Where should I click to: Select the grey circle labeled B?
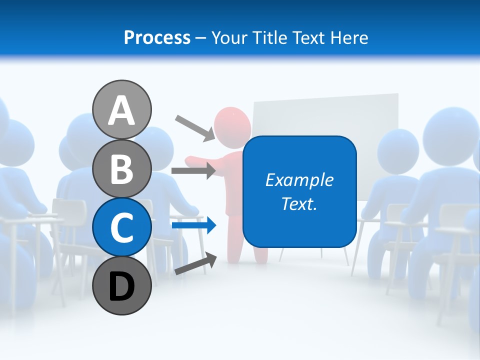coord(122,168)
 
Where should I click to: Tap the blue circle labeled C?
coord(122,227)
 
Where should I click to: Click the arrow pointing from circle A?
coord(195,128)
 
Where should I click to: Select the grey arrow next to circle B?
coord(193,171)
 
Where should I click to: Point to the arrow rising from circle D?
coord(195,264)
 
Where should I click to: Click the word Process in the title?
coord(157,37)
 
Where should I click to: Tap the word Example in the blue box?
coord(299,180)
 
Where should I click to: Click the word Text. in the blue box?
coord(299,204)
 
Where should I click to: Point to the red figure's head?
coord(232,124)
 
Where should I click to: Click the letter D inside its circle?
coord(122,287)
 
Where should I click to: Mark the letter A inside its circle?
coord(122,110)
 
